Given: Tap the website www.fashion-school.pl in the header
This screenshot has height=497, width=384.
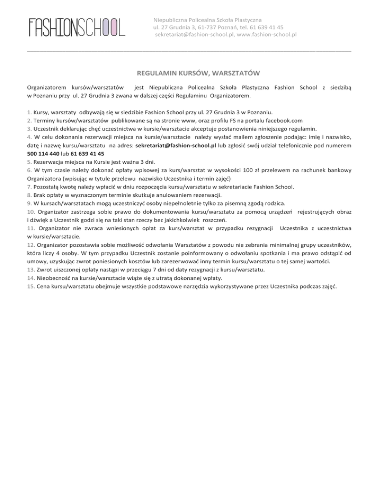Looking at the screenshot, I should pyautogui.click(x=268, y=35).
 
